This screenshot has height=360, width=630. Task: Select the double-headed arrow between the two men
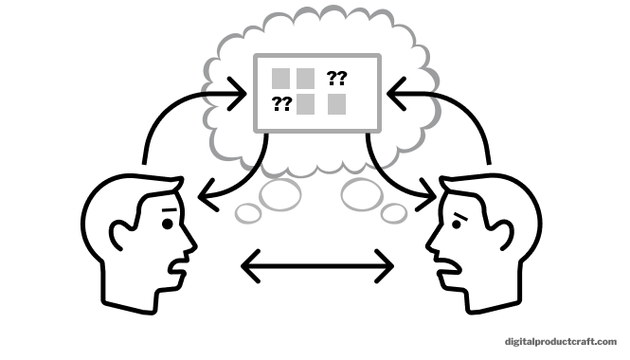317,266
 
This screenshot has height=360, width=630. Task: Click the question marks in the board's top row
336,78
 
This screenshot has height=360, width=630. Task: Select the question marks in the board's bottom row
281,104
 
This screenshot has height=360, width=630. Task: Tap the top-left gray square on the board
281,78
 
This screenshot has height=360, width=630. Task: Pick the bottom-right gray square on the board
337,104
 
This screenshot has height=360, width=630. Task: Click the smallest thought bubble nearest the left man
248,214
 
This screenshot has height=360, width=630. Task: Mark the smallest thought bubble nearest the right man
394,214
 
